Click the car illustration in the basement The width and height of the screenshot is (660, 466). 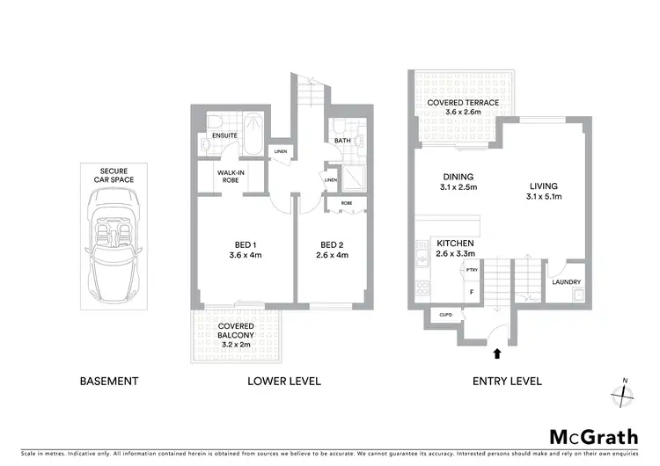tap(113, 250)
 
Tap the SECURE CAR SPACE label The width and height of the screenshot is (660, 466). tap(113, 175)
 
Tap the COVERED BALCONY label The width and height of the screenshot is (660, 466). tap(236, 336)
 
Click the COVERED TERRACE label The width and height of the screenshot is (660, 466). tap(463, 107)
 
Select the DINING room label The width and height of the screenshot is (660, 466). tap(458, 181)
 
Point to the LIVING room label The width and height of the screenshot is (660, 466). tap(544, 191)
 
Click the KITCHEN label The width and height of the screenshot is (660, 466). tap(455, 249)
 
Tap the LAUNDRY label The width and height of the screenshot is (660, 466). tap(566, 282)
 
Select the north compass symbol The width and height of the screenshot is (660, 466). tap(624, 393)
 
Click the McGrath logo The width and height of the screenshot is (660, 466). tap(594, 437)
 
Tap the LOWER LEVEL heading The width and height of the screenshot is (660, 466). tap(283, 382)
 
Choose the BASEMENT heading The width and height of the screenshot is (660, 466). tap(109, 382)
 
